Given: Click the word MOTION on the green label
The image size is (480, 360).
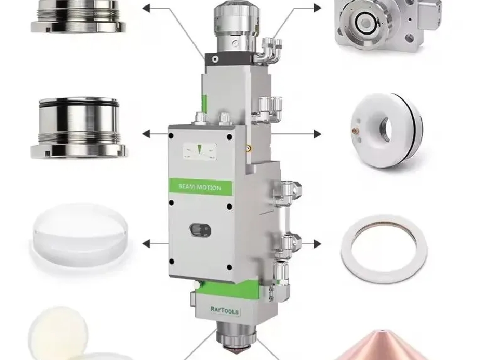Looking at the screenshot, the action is [208, 187].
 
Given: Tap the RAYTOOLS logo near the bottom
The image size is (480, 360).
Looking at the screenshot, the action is [225, 310].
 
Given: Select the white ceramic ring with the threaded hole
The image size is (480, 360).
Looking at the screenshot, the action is [386, 130].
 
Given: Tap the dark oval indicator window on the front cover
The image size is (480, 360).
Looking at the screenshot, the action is [200, 230].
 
